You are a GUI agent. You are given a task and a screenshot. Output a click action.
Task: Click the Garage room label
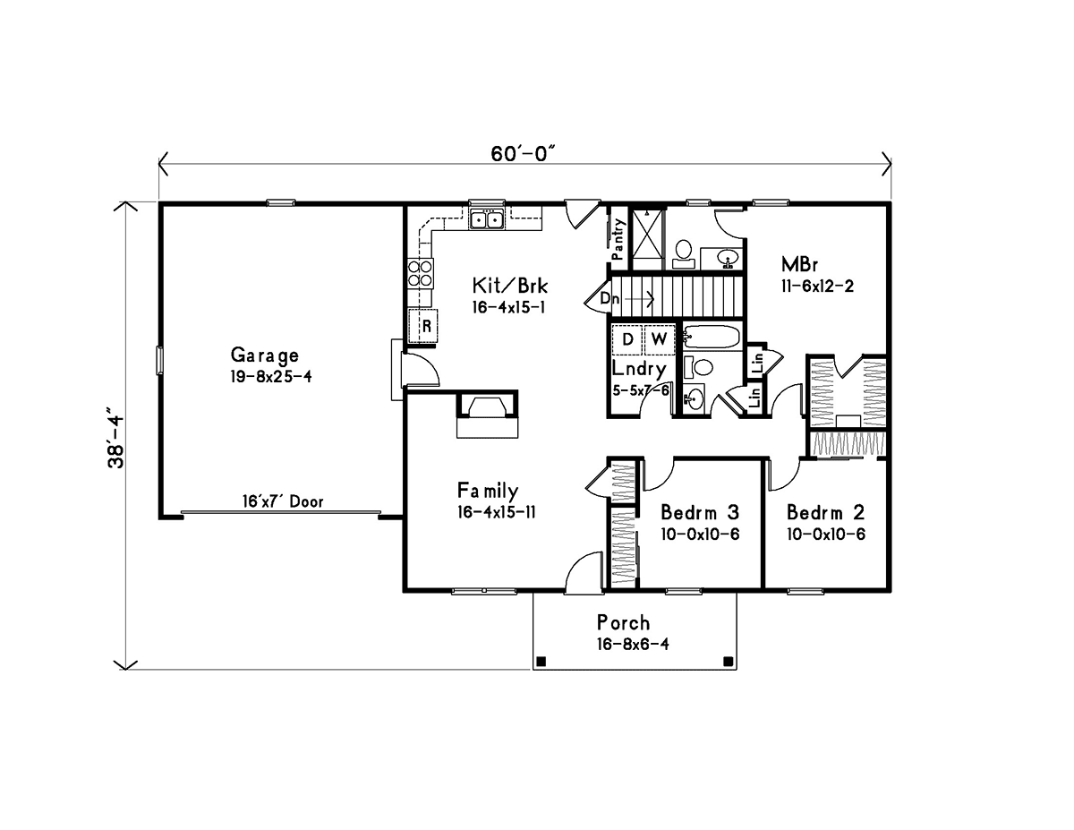(264, 355)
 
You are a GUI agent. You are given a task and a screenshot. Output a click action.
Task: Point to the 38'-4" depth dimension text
(117, 438)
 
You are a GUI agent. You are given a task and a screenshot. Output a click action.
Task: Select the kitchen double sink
(487, 219)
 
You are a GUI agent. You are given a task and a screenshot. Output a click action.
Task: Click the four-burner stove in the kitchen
(420, 274)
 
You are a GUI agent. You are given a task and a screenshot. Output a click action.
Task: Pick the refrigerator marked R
(422, 325)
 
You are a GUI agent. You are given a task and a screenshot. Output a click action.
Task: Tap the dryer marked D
(627, 339)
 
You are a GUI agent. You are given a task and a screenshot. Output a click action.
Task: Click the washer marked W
(660, 339)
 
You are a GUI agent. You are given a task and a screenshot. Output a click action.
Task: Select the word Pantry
(618, 240)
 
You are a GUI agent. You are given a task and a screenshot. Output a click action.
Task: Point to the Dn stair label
(609, 298)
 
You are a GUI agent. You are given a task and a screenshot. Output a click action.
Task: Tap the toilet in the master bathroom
(684, 253)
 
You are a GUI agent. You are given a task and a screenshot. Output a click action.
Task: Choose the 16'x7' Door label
(283, 501)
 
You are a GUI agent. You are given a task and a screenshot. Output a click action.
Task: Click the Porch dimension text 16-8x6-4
(633, 644)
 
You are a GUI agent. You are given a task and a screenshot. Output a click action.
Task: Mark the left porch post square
(541, 661)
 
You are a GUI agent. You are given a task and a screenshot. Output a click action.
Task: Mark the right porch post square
(728, 661)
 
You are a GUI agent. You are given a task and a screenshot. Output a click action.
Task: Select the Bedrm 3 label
(700, 512)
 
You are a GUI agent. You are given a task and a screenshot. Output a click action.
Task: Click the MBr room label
(799, 264)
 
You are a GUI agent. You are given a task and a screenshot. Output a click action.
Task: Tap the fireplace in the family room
(488, 414)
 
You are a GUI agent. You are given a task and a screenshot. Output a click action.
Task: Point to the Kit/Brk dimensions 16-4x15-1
(508, 307)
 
